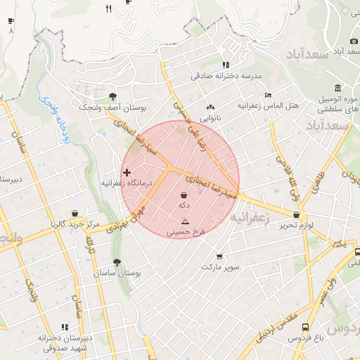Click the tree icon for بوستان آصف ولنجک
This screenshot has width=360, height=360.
pos(112,97)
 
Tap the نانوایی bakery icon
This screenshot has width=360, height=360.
pos(210,108)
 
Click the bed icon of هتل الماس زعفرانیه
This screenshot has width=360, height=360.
pos(268,95)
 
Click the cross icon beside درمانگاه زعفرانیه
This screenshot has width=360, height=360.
pos(127,172)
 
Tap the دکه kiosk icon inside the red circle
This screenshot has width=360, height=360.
pos(184,194)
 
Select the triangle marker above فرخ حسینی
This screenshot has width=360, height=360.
pos(185,221)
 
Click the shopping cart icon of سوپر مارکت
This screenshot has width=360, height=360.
pos(220,257)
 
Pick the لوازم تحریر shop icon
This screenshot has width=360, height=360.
pos(296,214)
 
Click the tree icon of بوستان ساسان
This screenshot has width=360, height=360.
pos(116,262)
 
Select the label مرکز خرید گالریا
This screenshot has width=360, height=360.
pos(76,224)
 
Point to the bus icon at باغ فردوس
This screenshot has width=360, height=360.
pos(305,328)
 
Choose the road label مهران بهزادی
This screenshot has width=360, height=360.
pos(129,217)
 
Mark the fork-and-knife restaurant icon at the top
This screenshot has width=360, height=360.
pos(108,8)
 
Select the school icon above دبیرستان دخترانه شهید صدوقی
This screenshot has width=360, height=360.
pos(65,327)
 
